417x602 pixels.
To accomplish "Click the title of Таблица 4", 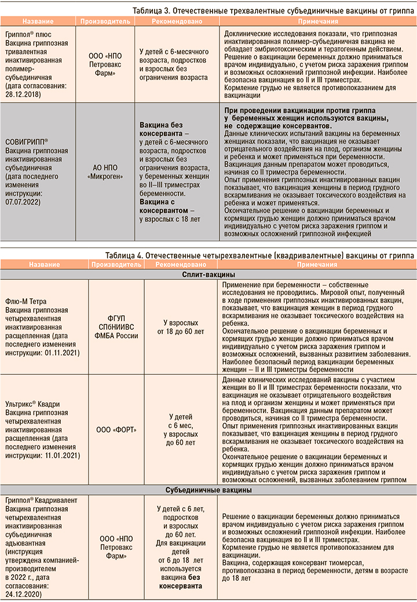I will (x=259, y=255).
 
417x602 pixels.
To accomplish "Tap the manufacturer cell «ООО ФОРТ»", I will (x=113, y=429).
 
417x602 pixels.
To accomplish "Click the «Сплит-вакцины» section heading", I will (x=209, y=274).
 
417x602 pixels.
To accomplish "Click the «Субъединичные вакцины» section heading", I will (x=209, y=490).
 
